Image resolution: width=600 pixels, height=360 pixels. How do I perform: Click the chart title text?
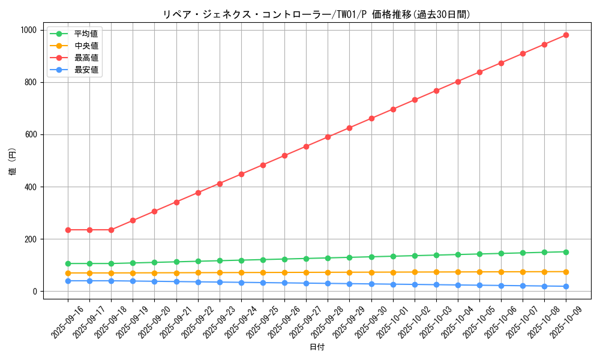click(x=317, y=14)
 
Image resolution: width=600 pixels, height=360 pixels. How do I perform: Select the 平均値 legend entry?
click(x=86, y=34)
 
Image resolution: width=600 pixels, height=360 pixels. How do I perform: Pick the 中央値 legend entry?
click(x=86, y=46)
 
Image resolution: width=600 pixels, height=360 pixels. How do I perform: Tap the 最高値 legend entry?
click(x=86, y=58)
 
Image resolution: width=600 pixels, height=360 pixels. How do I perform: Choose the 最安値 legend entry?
click(x=86, y=70)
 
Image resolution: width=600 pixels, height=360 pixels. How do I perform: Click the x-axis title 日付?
click(x=317, y=347)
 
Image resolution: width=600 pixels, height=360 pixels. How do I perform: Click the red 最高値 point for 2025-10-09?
click(x=566, y=35)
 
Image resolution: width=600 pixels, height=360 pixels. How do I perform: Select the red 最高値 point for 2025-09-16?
click(x=68, y=230)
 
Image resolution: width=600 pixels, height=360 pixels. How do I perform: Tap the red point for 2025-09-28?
click(x=328, y=137)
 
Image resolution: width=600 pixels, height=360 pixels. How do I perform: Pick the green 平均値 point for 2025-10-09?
click(x=566, y=252)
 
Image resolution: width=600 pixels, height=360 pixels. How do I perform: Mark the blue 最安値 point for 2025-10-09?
click(x=566, y=286)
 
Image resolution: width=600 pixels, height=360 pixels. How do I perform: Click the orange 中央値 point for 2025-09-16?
click(x=68, y=273)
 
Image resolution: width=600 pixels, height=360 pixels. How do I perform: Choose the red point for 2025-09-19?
click(x=133, y=221)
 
